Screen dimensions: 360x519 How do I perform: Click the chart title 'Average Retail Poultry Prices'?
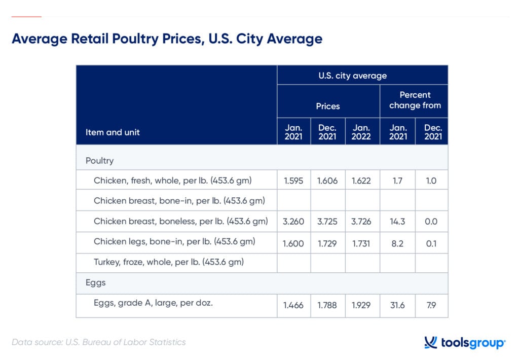pos(167,39)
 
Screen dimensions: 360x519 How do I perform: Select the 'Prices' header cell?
pos(328,106)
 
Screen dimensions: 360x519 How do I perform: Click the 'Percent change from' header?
pos(415,100)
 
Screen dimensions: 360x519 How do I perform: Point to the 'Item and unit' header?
pos(113,132)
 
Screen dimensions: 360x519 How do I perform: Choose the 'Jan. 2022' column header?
pos(362,132)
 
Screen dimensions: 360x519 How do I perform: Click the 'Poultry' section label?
pos(99,160)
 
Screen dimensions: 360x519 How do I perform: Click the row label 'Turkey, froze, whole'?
pos(169,262)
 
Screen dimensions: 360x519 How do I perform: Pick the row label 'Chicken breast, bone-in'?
pos(179,201)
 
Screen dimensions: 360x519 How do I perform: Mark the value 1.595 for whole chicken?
pos(293,181)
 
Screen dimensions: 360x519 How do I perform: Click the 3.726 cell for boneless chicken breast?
pos(362,222)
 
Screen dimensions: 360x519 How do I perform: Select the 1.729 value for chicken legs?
pos(327,243)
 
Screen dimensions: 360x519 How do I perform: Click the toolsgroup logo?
pos(464,343)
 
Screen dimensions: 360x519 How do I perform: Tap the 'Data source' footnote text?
pos(98,342)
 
